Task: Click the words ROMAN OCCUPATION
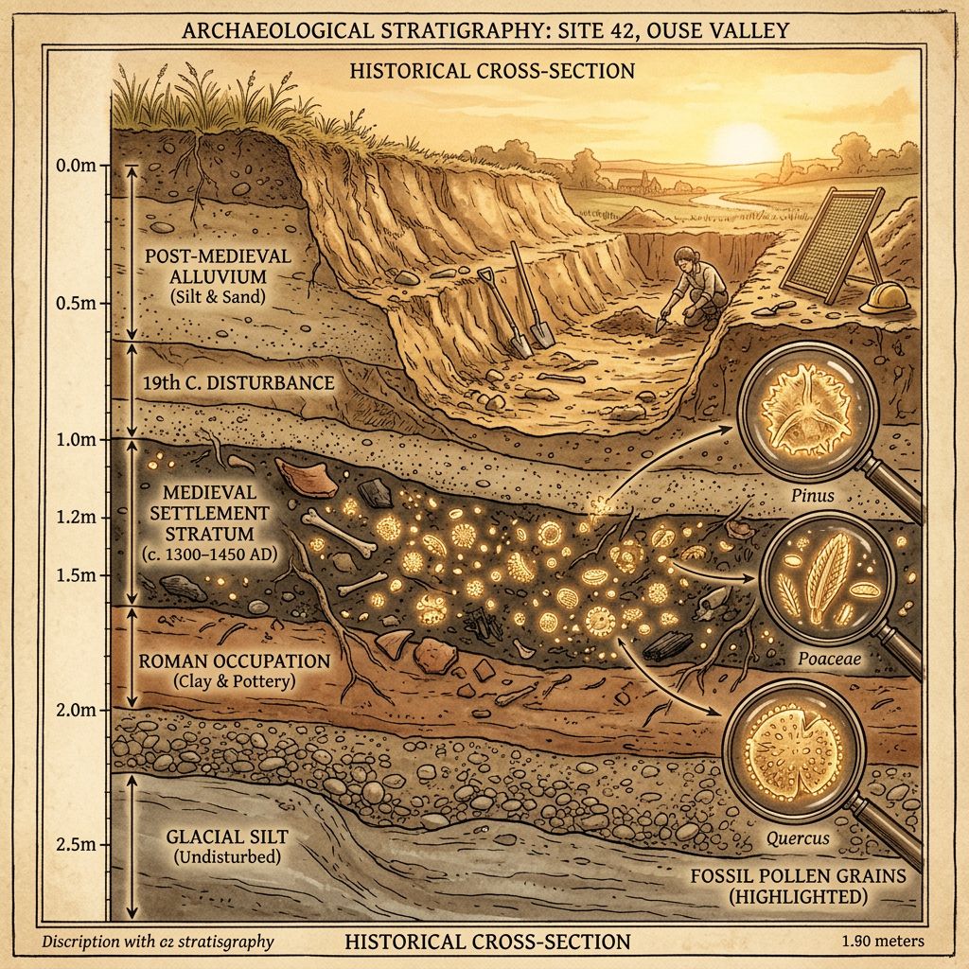tap(234, 661)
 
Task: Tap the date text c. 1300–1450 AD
tap(215, 554)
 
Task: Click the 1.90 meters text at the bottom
tap(881, 941)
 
